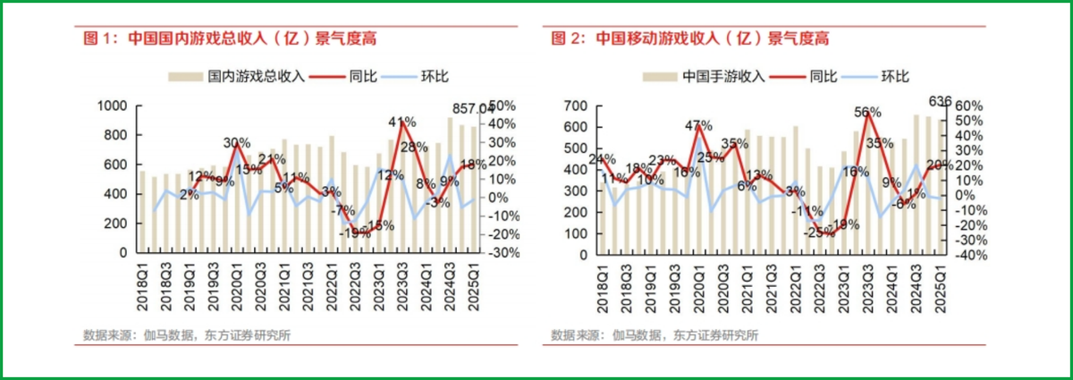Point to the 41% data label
pyautogui.click(x=401, y=122)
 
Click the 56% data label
pyautogui.click(x=866, y=113)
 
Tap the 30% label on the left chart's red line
pyautogui.click(x=236, y=143)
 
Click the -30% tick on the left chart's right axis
pyautogui.click(x=503, y=253)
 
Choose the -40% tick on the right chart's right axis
pyautogui.click(x=969, y=255)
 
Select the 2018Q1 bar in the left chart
pyautogui.click(x=142, y=211)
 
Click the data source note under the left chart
pyautogui.click(x=187, y=335)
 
